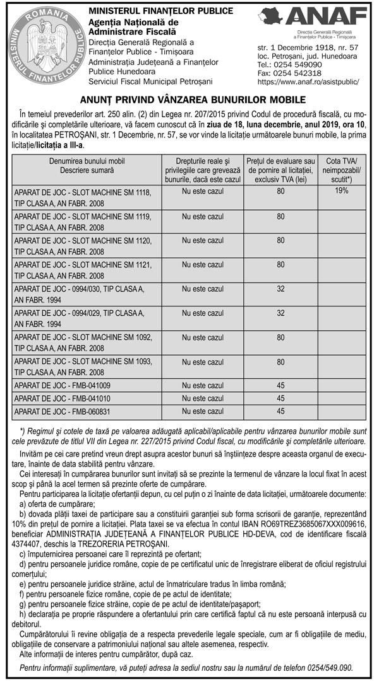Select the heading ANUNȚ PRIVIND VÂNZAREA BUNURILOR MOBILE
click(189, 100)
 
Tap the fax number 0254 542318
click(291, 73)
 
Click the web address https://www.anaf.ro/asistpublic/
click(309, 82)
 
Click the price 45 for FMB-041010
click(280, 398)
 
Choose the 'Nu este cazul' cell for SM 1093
click(203, 362)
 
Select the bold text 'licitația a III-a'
click(55, 145)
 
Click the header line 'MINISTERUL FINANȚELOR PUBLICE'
click(161, 11)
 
